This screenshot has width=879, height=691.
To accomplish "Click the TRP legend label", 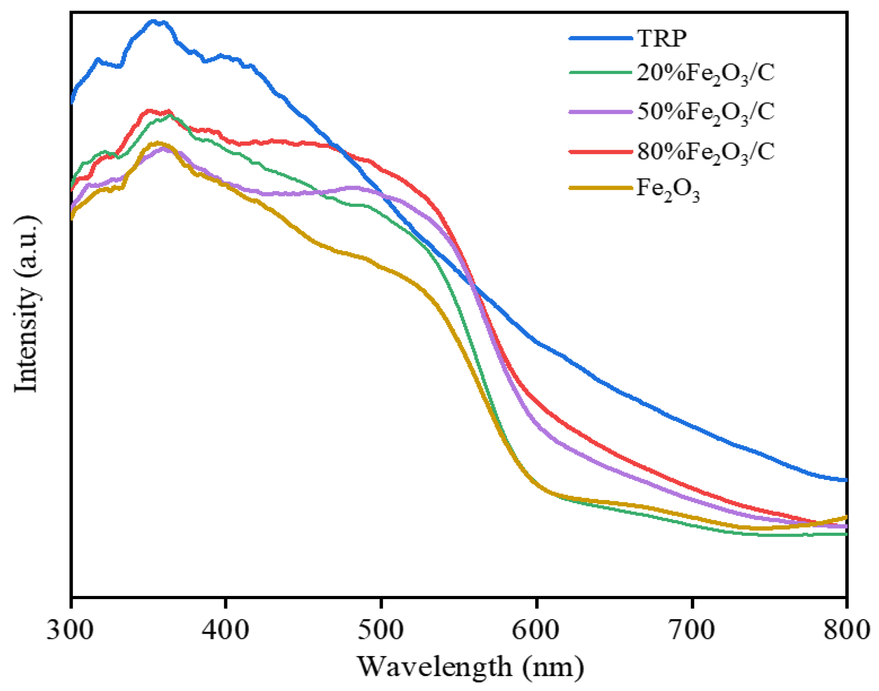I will coord(661,38).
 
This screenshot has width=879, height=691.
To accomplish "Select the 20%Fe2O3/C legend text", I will coord(705,73).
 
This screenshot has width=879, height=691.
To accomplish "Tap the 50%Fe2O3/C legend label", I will coord(705,112).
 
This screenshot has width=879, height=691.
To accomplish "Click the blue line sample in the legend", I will coord(600,38).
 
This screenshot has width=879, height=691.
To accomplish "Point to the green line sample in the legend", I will coord(600,72).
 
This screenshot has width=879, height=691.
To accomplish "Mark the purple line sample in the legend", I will coord(600,112).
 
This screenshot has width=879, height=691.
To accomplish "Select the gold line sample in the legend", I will coord(600,187).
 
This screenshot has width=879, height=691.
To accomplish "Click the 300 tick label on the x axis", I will coord(70,630).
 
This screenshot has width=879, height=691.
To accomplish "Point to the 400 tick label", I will coord(226,630).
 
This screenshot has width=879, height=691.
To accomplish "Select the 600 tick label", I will coord(536,630).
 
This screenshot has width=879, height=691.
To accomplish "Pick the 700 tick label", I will coord(692,630).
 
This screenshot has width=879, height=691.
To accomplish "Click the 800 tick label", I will coord(846,630).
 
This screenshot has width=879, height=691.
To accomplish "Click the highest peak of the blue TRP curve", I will coord(153,21).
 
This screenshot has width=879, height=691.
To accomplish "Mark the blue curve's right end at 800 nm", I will coord(845,480).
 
